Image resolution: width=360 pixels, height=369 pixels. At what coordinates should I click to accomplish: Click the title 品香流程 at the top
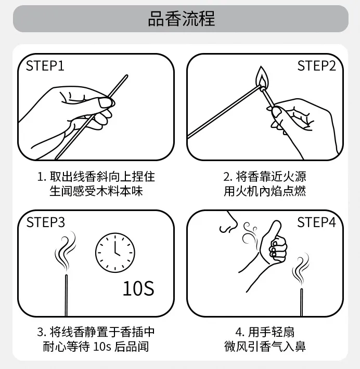point(181,19)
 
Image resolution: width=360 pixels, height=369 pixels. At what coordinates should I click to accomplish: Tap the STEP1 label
point(45,67)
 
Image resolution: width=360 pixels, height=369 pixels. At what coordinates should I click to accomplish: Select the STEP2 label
point(316,66)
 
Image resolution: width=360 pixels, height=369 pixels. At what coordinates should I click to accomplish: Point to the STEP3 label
point(46,222)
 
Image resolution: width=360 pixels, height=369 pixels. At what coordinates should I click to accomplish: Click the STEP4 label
point(316,222)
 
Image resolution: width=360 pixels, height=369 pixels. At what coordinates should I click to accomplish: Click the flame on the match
point(261,78)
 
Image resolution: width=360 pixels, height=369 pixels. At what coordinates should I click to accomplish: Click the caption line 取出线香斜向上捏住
point(96,177)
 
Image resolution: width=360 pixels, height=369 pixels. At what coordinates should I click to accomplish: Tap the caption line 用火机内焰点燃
point(265,191)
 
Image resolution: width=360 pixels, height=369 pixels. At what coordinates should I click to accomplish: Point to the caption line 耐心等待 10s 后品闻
point(96,347)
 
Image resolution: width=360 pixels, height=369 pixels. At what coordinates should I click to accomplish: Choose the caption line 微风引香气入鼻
point(265,347)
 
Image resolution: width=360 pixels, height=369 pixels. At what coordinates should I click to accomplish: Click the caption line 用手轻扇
point(265,332)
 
